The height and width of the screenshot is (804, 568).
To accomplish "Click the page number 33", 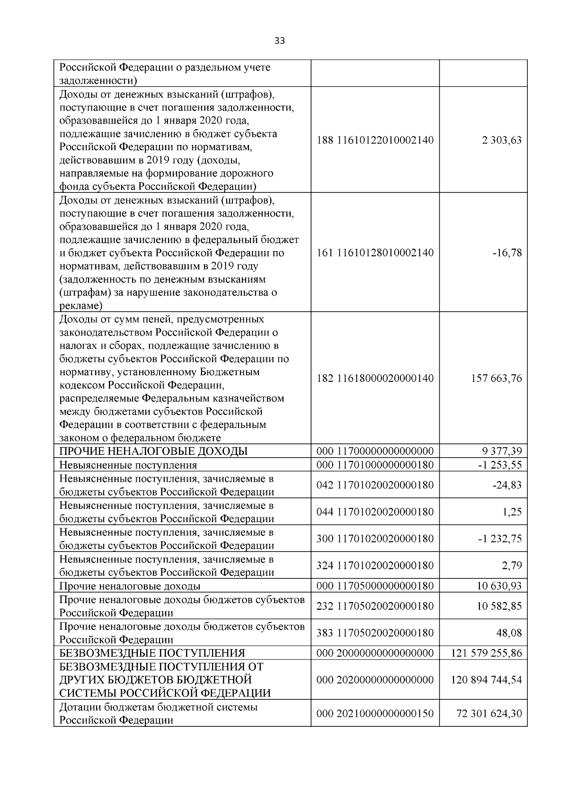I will click(x=280, y=41).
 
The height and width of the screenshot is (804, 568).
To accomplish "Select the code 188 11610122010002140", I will click(x=374, y=140).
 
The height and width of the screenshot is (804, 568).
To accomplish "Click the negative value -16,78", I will click(x=508, y=253).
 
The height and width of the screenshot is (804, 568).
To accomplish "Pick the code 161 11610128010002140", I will click(x=374, y=253).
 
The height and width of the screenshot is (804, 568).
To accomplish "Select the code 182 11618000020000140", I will click(x=374, y=379).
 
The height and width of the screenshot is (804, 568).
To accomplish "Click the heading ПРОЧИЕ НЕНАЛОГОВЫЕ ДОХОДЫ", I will click(x=153, y=451).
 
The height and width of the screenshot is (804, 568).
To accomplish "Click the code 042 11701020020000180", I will click(x=374, y=485).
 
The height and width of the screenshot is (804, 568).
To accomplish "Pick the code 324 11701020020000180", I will click(x=374, y=566).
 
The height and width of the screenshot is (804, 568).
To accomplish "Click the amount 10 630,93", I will click(x=499, y=586).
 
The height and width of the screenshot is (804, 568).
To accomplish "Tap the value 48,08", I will click(x=510, y=633).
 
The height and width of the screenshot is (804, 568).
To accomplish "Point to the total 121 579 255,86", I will click(x=487, y=653).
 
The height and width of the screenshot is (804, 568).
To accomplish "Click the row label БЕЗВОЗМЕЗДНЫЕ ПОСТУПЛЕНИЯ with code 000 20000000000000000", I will click(x=152, y=653).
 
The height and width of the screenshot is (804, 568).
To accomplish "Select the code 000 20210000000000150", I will click(x=374, y=713).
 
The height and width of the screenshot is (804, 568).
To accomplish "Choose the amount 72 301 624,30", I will click(x=489, y=713).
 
